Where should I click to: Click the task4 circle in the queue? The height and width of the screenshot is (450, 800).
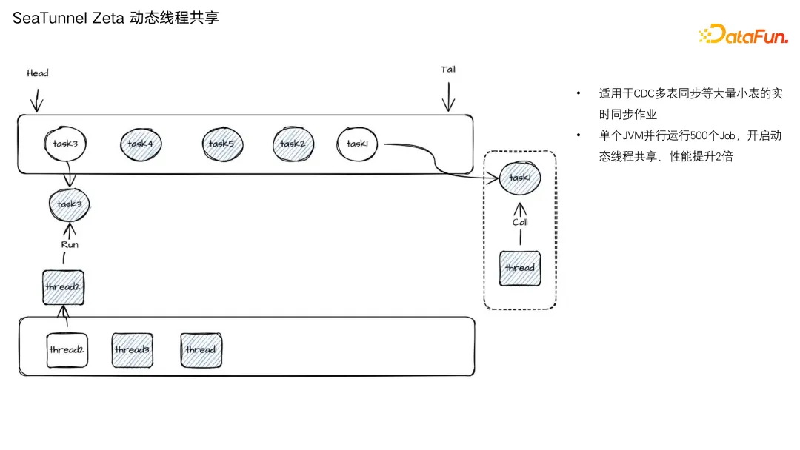(141, 144)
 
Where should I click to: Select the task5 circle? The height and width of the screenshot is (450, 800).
(222, 144)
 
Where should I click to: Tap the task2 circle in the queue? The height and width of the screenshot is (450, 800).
(293, 144)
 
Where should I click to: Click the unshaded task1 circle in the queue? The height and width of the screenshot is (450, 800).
(357, 144)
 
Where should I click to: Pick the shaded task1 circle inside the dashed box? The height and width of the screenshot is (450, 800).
(520, 178)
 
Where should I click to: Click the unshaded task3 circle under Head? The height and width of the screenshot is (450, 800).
(65, 144)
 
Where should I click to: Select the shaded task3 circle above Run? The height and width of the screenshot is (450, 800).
(70, 204)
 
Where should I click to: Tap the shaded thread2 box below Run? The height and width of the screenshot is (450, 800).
(63, 287)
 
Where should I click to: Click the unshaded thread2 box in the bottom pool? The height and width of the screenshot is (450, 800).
(67, 350)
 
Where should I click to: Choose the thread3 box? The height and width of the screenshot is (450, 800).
(132, 350)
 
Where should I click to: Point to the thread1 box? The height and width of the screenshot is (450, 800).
(201, 350)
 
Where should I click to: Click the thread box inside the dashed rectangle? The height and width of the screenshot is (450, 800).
(520, 268)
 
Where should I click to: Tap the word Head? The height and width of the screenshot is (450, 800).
(38, 73)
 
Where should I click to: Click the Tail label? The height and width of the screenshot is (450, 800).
(448, 70)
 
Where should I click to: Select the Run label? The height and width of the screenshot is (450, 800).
(70, 245)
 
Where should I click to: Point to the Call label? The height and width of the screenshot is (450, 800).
(521, 222)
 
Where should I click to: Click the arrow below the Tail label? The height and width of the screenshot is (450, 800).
(448, 97)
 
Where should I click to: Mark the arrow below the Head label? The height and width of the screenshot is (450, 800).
(37, 101)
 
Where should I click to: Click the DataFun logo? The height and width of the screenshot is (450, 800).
(744, 34)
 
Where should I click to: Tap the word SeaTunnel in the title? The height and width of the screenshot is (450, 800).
(50, 19)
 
